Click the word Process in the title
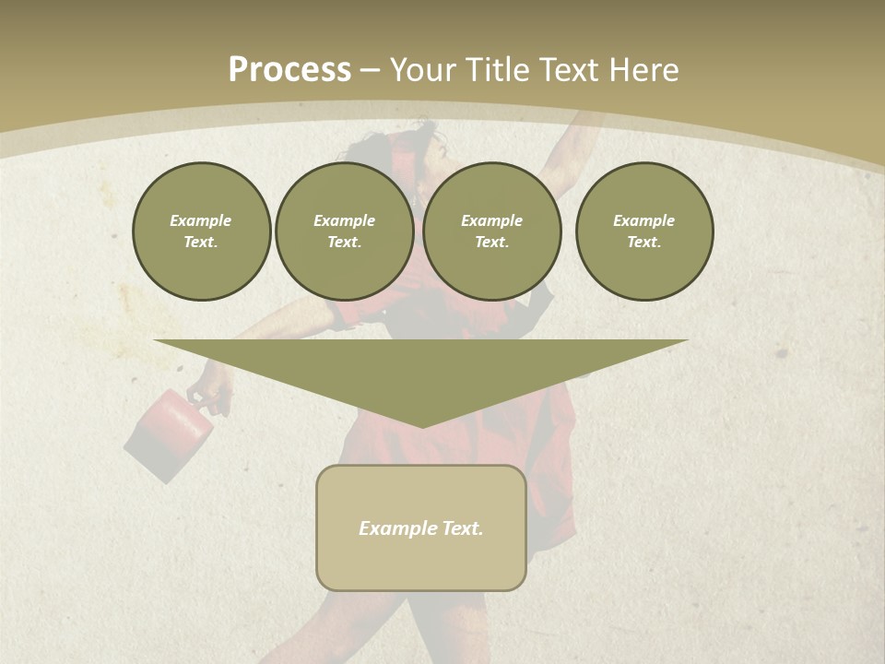[x=289, y=70]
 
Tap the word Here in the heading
[x=645, y=70]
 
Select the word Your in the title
[x=423, y=70]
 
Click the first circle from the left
[x=202, y=231]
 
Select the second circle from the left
[x=345, y=231]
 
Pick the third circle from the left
[x=492, y=231]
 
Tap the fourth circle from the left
[x=644, y=231]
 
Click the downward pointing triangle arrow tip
[x=421, y=421]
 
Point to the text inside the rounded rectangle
[x=421, y=528]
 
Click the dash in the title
[x=371, y=70]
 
